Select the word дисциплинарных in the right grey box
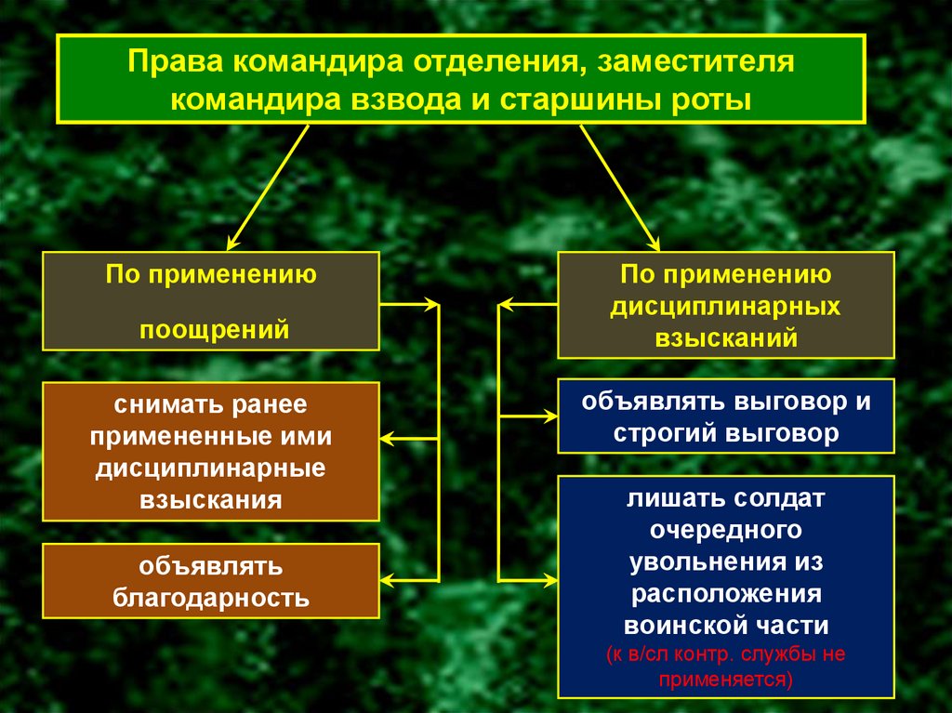(x=726, y=306)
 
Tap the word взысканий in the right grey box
(x=726, y=337)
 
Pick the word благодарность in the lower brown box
(x=211, y=597)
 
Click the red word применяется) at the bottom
(x=726, y=678)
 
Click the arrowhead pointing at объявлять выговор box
(x=549, y=417)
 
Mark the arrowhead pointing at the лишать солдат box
(x=549, y=580)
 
